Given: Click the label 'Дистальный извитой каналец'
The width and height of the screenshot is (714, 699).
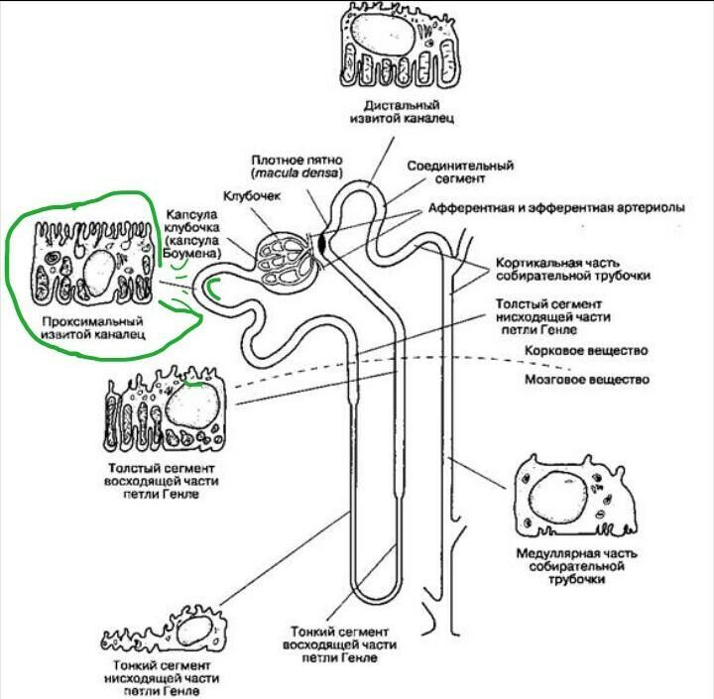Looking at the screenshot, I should click(x=401, y=111).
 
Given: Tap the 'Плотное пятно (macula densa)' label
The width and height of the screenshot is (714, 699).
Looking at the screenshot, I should click(x=297, y=166).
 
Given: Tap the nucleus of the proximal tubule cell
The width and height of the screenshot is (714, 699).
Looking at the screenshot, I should click(x=99, y=269).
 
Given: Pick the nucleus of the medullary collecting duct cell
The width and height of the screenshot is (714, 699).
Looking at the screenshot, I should click(x=556, y=496).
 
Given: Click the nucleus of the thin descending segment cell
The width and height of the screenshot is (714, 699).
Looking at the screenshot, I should click(x=194, y=630).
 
